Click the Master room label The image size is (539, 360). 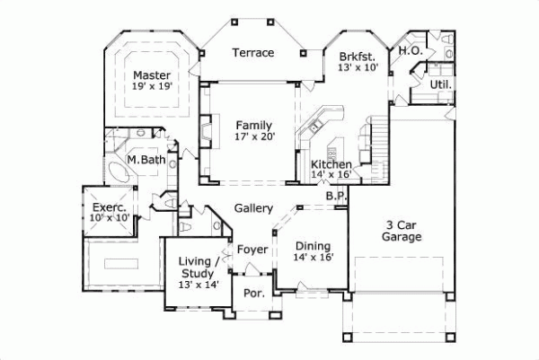(152, 75)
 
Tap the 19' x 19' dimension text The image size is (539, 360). (152, 87)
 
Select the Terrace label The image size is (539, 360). (253, 53)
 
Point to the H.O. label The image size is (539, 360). (411, 51)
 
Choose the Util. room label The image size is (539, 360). (440, 84)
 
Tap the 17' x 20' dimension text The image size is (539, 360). (255, 137)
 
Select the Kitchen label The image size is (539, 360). (331, 164)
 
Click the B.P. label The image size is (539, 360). (336, 195)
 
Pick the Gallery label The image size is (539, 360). (253, 208)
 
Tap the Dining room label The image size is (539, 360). (314, 246)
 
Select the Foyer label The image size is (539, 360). (252, 249)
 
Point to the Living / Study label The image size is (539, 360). (199, 267)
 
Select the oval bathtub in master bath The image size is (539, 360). (119, 172)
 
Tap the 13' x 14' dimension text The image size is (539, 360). (199, 285)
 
